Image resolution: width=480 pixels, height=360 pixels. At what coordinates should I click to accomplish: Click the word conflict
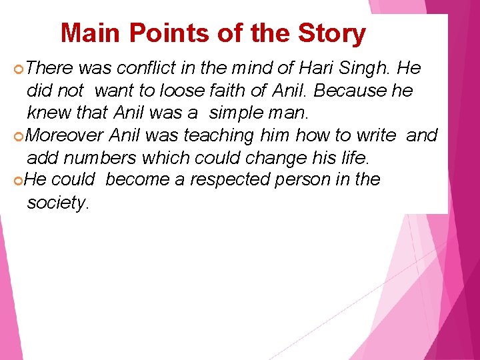pos(142,68)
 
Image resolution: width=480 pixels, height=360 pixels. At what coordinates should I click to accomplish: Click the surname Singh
pos(369,69)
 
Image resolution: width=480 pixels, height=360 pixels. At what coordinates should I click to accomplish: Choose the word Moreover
pos(66,136)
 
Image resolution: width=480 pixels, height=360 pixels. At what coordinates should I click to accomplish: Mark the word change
pos(281,159)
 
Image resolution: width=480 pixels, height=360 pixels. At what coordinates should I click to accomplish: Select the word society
pos(56,203)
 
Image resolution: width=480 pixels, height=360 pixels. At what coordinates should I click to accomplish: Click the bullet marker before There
pos(19,69)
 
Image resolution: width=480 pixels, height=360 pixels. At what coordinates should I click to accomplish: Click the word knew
pos(45,113)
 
